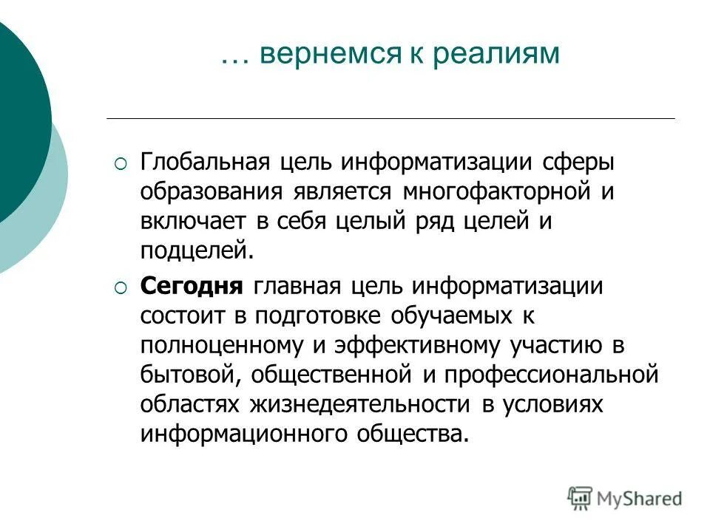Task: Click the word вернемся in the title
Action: click(x=325, y=56)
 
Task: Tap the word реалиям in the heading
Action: click(x=495, y=56)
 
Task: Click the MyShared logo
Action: click(x=625, y=498)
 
